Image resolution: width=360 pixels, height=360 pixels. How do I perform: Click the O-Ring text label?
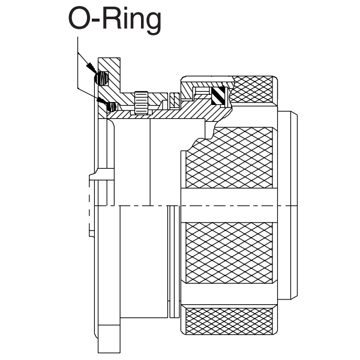pos(115,20)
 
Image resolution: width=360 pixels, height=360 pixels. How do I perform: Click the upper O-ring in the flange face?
pos(103,78)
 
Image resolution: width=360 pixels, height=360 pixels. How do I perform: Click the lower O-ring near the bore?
pos(110,106)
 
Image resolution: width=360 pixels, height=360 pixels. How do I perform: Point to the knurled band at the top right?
pos(253,89)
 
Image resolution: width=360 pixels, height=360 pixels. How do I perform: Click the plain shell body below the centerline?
pos(144,264)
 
